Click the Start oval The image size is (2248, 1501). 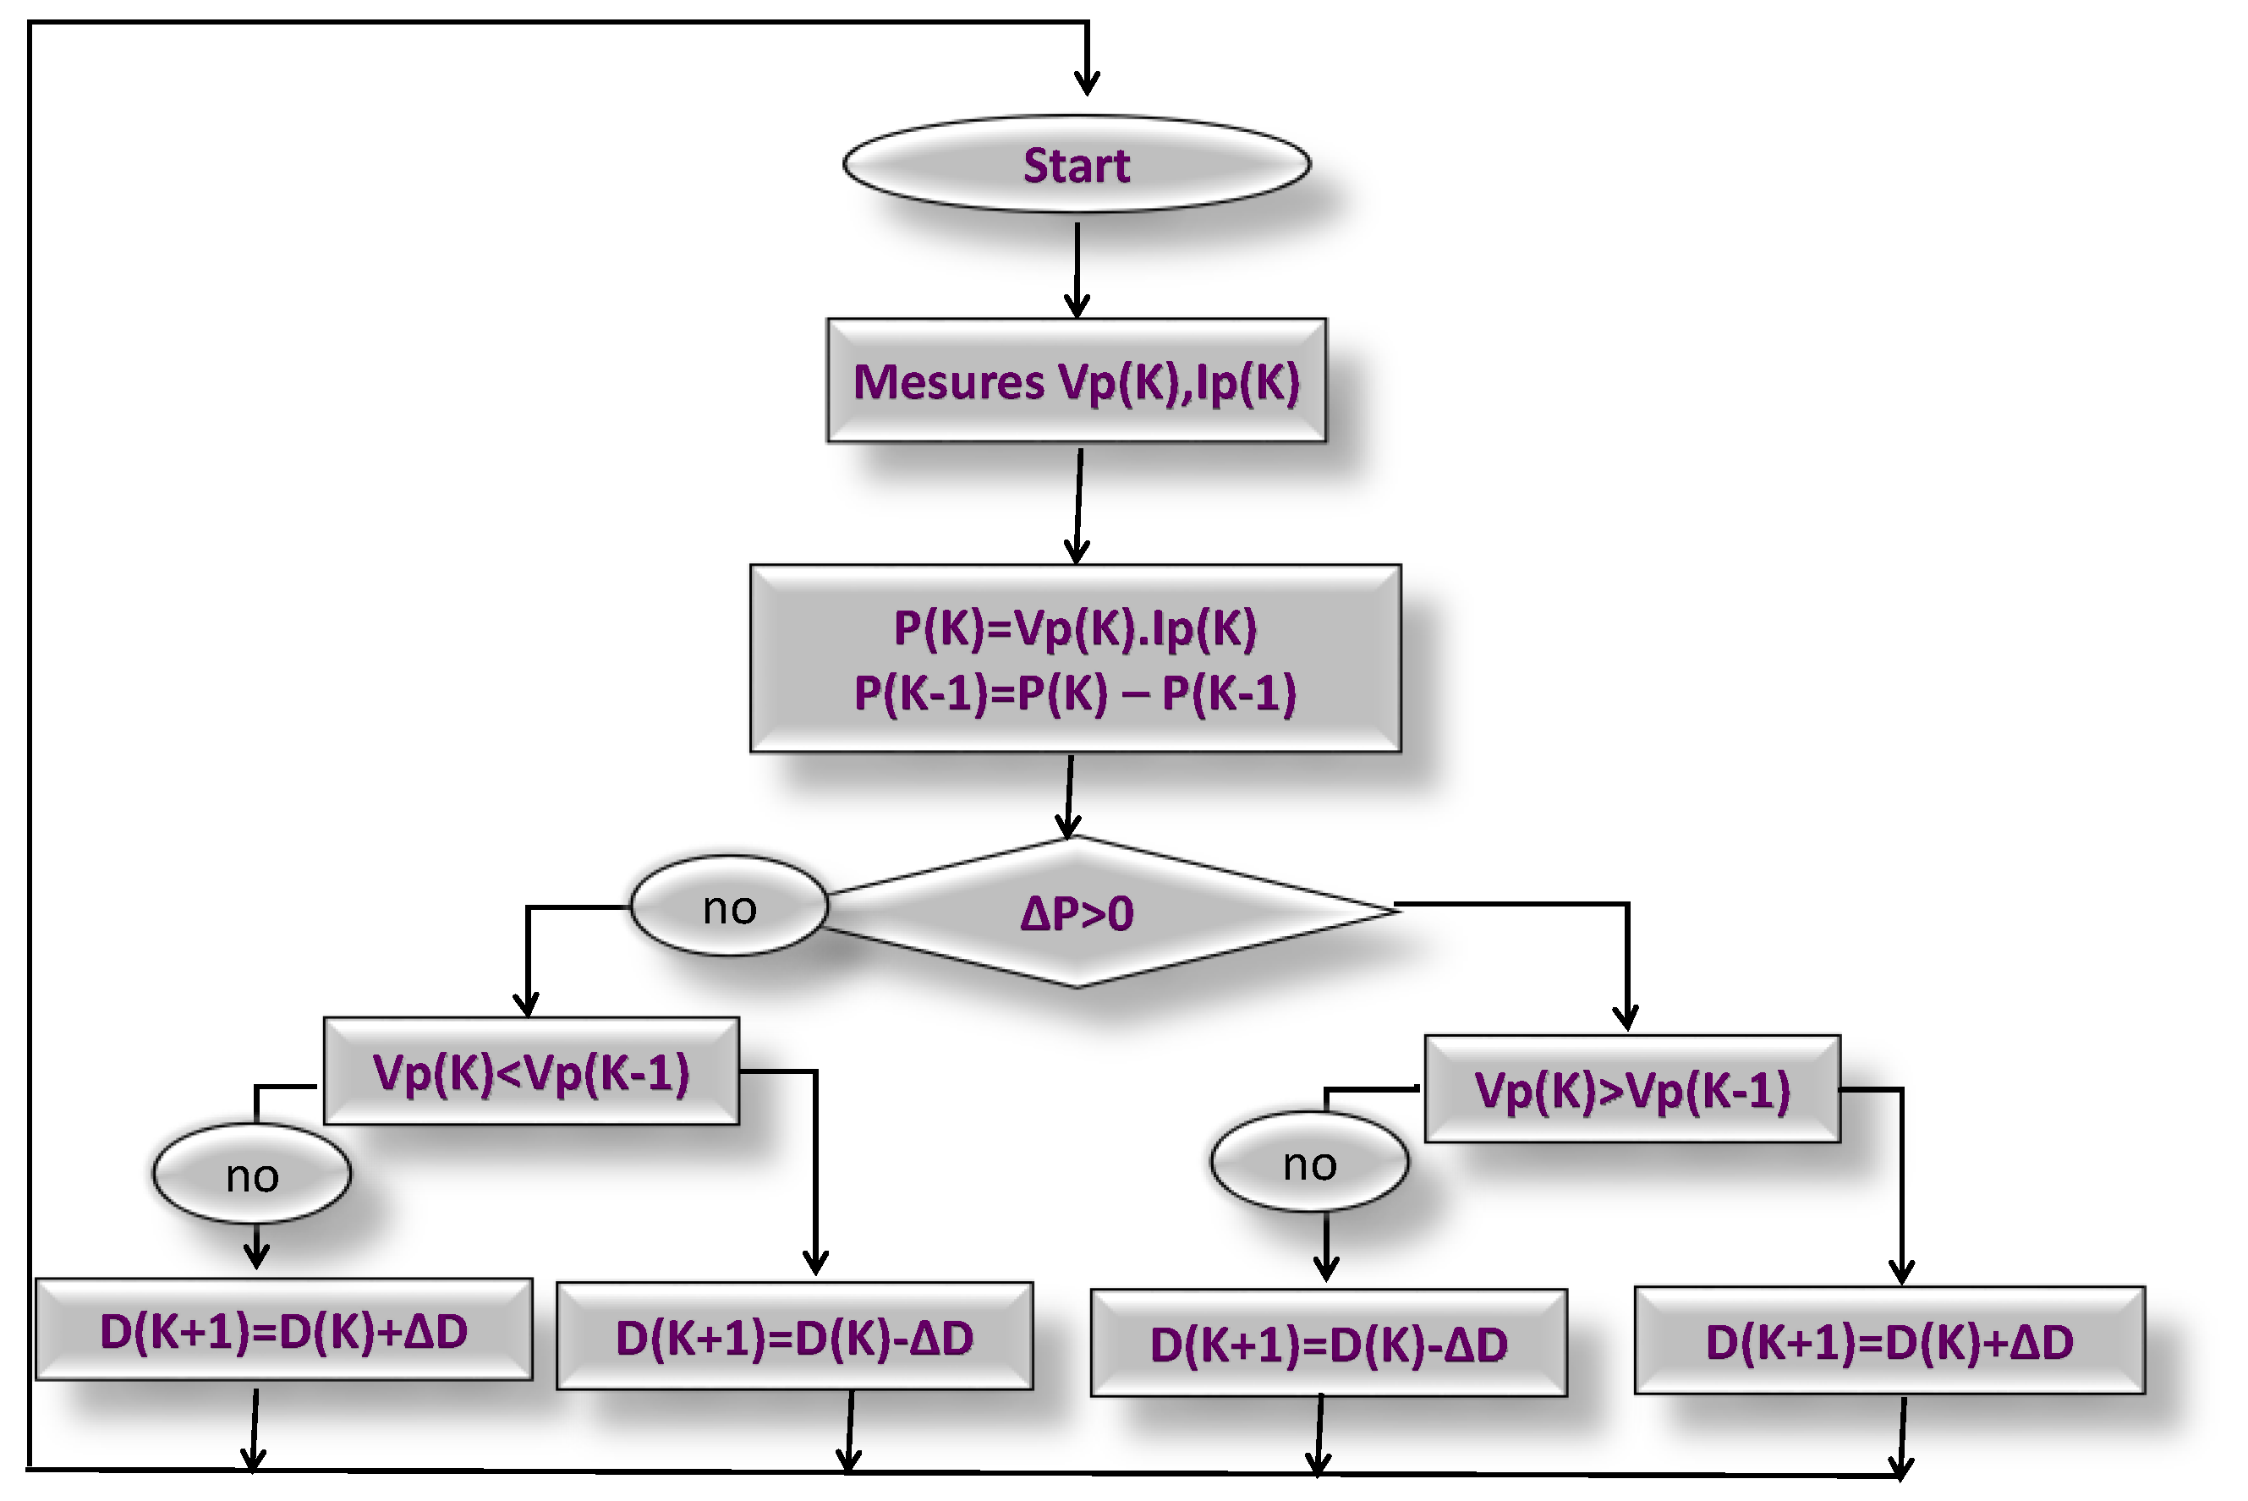[x=1076, y=165]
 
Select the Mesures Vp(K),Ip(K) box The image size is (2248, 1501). [x=1076, y=381]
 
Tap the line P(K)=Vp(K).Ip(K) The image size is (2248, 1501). [x=1074, y=629]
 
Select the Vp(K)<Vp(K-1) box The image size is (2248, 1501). [x=531, y=1071]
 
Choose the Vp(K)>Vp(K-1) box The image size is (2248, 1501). [x=1632, y=1089]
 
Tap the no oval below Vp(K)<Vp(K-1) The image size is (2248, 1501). [x=252, y=1175]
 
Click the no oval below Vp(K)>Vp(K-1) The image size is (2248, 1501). [x=1310, y=1163]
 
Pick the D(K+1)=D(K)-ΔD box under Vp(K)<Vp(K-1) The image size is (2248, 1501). [x=795, y=1337]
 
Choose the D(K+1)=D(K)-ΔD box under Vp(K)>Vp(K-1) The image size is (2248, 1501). [x=1329, y=1344]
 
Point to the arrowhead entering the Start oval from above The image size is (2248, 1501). [x=1087, y=85]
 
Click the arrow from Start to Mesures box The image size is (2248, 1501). [x=1077, y=268]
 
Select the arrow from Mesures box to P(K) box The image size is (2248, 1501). [x=1079, y=506]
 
